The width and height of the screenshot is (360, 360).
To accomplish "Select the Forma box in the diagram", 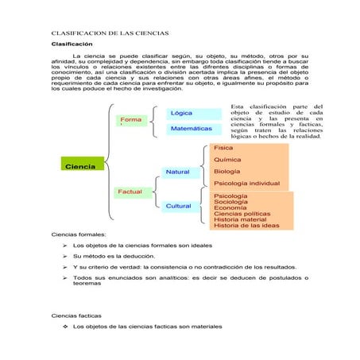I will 131,121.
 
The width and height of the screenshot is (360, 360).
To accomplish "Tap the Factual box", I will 130,192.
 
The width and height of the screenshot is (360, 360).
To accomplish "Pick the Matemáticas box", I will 192,128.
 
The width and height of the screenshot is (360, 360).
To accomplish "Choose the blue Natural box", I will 178,172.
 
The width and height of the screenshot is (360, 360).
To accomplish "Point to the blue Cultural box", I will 179,206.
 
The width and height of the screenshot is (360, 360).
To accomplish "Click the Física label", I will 223,148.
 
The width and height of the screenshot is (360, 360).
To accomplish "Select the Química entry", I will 227,160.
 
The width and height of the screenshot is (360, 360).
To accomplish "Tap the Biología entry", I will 227,171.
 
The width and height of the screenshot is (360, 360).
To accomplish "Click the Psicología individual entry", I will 246,184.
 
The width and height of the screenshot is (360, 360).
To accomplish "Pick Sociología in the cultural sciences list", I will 230,202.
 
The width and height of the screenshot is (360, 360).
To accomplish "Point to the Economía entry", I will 230,208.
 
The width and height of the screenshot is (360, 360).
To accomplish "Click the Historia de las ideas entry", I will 246,226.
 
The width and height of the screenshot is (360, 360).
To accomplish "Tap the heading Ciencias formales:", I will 79,235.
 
